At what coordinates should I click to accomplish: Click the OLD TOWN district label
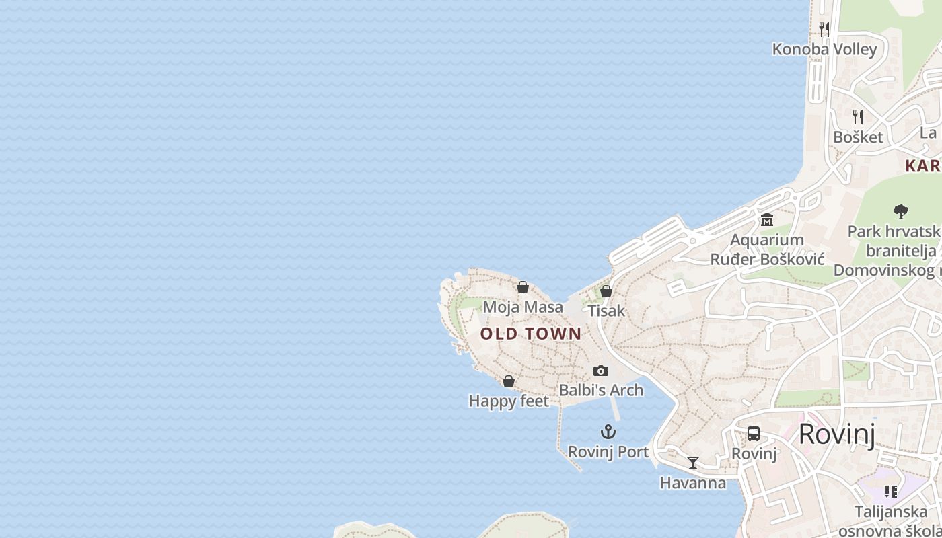pyautogui.click(x=531, y=334)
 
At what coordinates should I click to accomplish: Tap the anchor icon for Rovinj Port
pyautogui.click(x=608, y=432)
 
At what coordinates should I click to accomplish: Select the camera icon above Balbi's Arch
pyautogui.click(x=601, y=371)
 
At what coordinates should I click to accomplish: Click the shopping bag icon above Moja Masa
pyautogui.click(x=523, y=287)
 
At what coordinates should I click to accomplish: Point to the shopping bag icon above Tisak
pyautogui.click(x=606, y=291)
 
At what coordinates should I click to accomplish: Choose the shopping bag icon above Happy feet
pyautogui.click(x=509, y=381)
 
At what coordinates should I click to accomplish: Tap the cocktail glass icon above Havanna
pyautogui.click(x=693, y=463)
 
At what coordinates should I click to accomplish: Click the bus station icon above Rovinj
pyautogui.click(x=754, y=434)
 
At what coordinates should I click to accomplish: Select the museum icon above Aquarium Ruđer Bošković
pyautogui.click(x=767, y=220)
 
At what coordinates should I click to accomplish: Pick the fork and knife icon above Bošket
pyautogui.click(x=857, y=117)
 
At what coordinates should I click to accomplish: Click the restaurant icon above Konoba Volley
pyautogui.click(x=824, y=29)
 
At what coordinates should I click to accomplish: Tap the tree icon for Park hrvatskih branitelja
pyautogui.click(x=900, y=212)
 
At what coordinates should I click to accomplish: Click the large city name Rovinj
pyautogui.click(x=837, y=434)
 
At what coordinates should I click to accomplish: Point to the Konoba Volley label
pyautogui.click(x=824, y=49)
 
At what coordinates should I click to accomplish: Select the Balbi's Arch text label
pyautogui.click(x=601, y=390)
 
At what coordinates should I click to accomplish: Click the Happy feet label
pyautogui.click(x=509, y=401)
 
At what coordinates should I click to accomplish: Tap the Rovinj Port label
pyautogui.click(x=608, y=452)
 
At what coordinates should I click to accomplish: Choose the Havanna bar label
pyautogui.click(x=693, y=483)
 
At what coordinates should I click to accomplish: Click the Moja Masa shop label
pyautogui.click(x=523, y=307)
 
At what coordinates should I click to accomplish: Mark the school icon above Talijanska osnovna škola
pyautogui.click(x=891, y=492)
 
